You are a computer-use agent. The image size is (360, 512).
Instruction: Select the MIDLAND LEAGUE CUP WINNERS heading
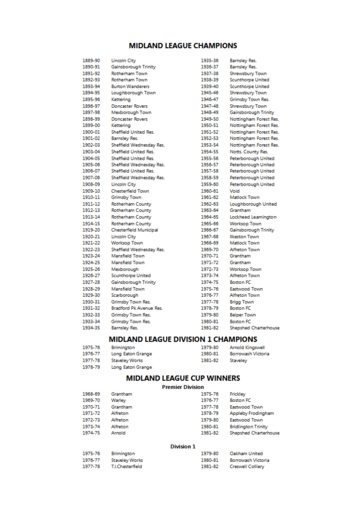coord(180,379)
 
